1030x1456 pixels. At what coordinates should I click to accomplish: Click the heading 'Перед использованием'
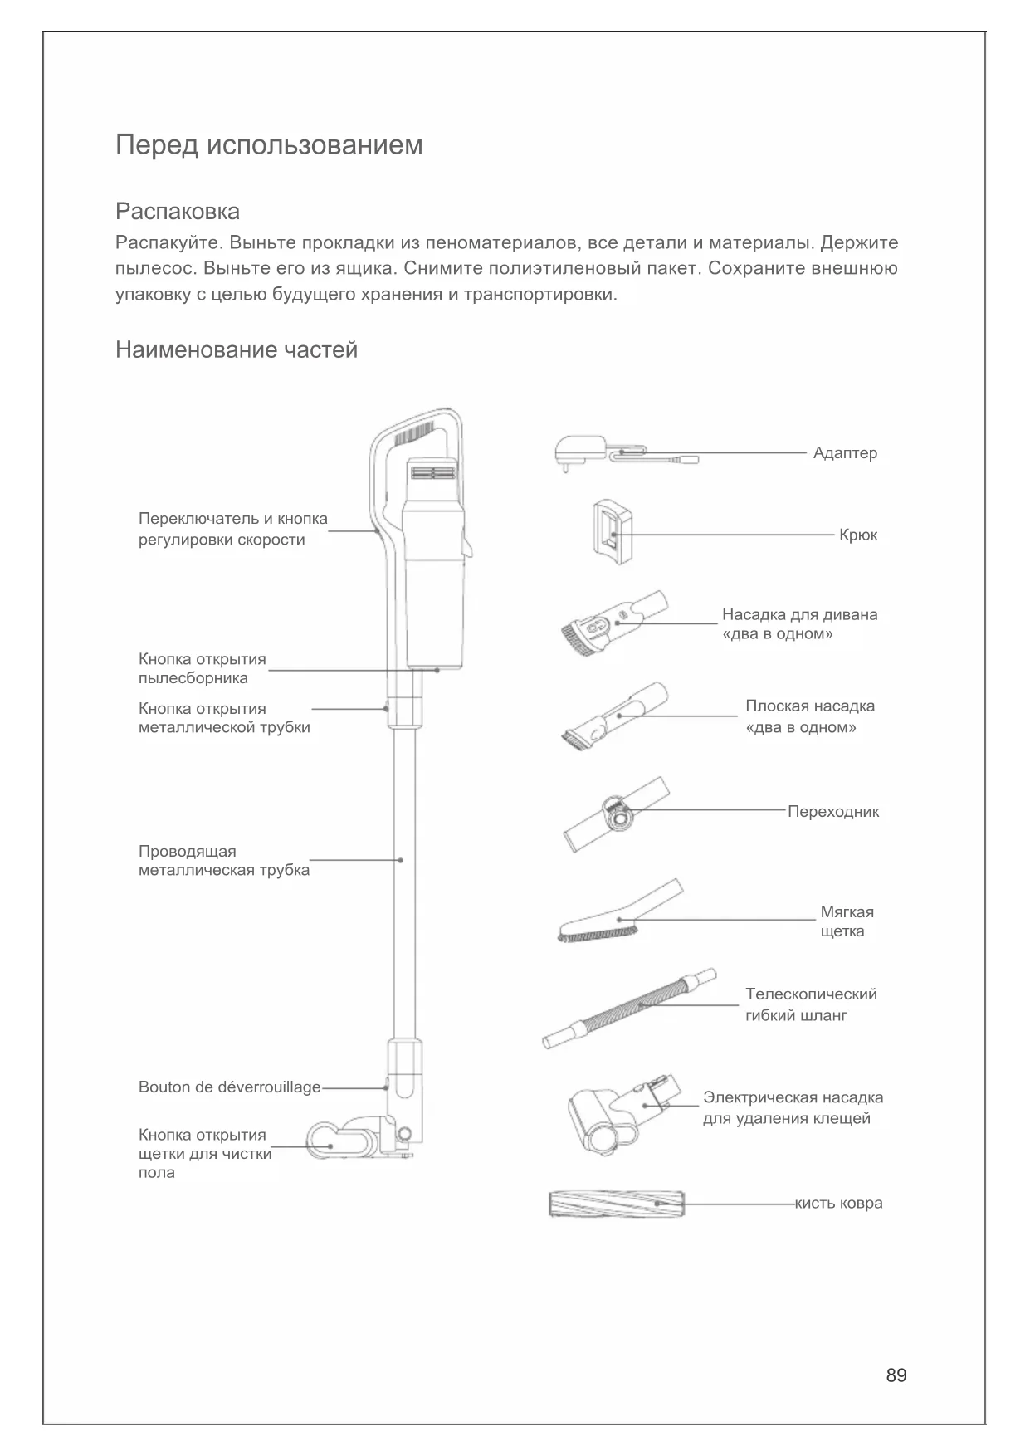point(269,145)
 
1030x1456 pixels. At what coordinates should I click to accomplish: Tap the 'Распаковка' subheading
point(178,211)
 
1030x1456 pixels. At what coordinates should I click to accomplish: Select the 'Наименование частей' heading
point(237,350)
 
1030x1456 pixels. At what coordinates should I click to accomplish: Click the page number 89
point(896,1375)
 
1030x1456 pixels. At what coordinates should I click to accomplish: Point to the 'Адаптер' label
point(845,453)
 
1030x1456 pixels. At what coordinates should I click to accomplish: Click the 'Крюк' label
point(857,535)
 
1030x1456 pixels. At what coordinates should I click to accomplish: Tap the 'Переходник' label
point(832,812)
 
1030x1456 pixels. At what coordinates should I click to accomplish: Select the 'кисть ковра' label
point(838,1203)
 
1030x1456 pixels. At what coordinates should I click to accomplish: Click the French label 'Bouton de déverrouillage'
point(229,1087)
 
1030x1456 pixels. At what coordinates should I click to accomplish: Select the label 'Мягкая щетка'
point(847,921)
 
